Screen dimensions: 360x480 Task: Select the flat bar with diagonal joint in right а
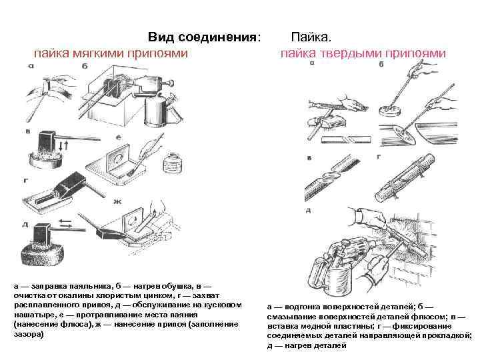347,139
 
